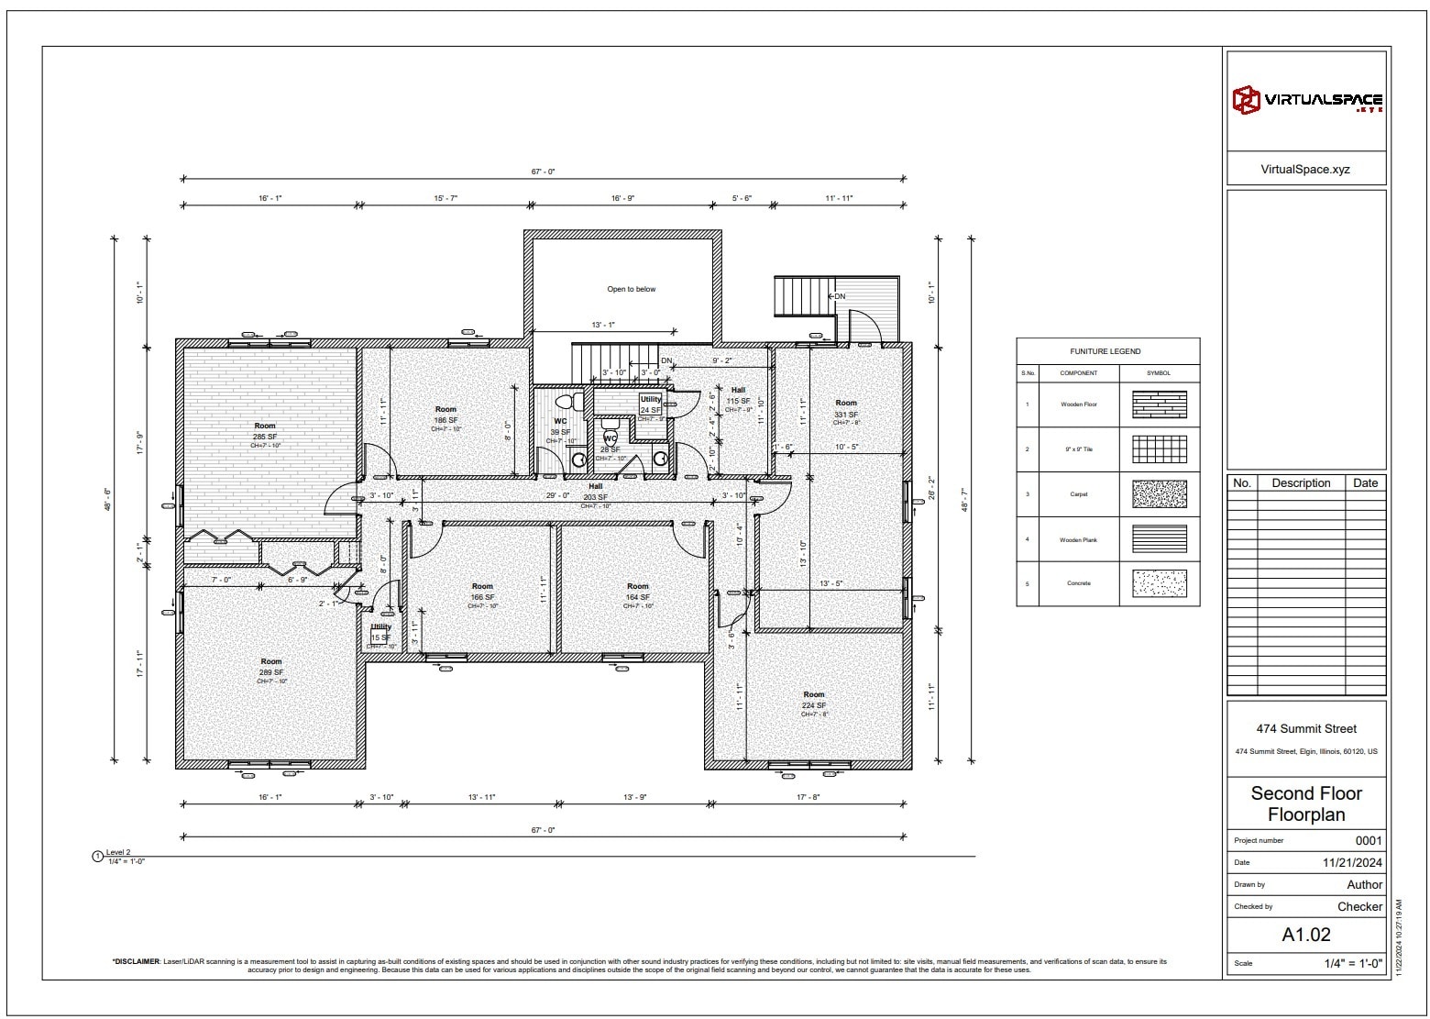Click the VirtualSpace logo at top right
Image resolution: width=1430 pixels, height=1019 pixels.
(1306, 100)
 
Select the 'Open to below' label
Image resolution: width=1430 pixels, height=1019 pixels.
(631, 289)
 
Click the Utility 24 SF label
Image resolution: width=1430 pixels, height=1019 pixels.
(651, 405)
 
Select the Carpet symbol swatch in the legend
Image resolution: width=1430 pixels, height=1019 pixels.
(1159, 494)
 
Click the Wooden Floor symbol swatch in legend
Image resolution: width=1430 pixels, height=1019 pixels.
(1159, 404)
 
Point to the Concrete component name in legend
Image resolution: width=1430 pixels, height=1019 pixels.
(1078, 583)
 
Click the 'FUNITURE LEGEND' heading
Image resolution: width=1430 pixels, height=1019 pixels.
(1105, 351)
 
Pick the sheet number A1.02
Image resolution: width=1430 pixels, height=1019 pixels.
(1305, 935)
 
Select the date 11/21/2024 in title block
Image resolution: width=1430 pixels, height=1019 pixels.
(1352, 862)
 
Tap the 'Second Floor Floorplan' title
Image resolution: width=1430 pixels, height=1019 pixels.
(1305, 803)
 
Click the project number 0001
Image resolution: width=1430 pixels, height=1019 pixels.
(1368, 840)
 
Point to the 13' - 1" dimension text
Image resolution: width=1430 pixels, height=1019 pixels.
(603, 325)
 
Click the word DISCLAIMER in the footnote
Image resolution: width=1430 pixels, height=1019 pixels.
(136, 962)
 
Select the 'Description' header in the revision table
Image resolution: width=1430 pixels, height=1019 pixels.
(1300, 483)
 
